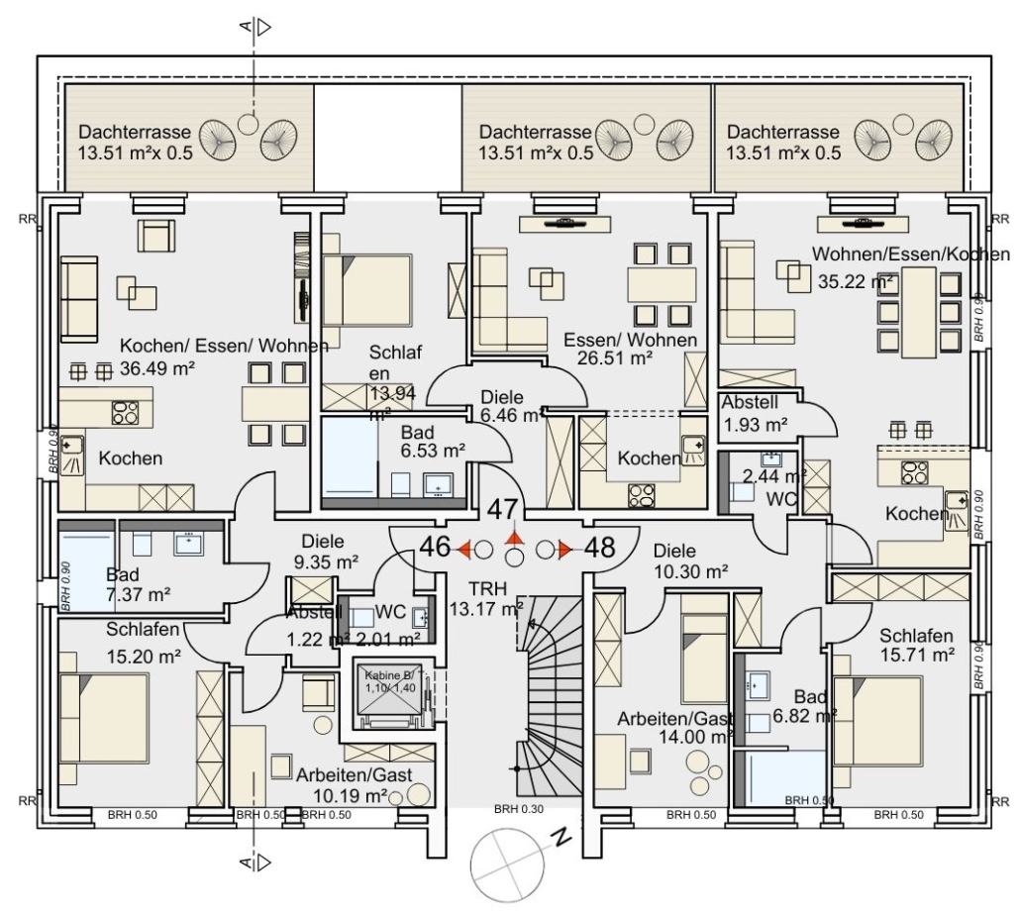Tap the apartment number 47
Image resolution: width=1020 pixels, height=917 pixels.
pos(503,511)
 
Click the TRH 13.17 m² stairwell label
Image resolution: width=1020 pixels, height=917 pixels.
pos(485,597)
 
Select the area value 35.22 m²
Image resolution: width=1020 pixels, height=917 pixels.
pos(855,281)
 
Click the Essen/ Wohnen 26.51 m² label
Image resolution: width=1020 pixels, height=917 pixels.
pos(630,350)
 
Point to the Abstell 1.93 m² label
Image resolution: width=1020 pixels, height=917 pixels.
pos(755,414)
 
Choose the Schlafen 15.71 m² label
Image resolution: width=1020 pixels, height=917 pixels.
pos(916,645)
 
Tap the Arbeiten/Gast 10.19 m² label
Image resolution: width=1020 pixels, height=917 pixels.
pos(354,785)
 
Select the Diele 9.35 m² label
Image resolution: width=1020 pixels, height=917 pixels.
pos(324,552)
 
